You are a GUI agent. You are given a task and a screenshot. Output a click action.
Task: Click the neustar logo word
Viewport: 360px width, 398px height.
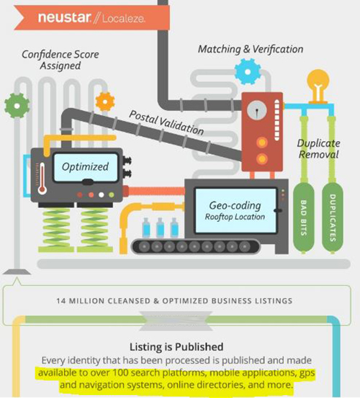pos(64,17)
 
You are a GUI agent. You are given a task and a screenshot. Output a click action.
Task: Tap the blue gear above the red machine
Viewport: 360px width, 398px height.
pos(248,71)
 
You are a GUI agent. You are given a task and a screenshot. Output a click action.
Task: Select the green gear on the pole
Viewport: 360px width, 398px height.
pos(17,106)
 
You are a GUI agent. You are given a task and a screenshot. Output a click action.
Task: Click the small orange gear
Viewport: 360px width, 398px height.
pos(105,101)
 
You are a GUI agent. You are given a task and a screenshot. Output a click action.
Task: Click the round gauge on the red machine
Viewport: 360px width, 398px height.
pos(257,110)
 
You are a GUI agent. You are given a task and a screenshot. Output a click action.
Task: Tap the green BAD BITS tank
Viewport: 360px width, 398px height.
pos(304,218)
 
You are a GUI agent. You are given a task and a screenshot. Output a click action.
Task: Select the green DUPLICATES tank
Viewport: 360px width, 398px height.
pos(333,218)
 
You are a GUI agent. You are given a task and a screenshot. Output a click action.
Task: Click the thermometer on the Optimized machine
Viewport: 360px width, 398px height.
pos(42,178)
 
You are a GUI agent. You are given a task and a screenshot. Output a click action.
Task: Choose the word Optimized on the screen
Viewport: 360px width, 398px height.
pos(85,167)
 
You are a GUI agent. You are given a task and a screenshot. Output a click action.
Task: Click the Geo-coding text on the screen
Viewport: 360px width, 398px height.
pos(235,206)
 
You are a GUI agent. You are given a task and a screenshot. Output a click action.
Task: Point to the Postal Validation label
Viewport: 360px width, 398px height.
pos(166,122)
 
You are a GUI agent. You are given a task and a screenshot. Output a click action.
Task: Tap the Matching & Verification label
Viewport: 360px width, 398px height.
pos(251,49)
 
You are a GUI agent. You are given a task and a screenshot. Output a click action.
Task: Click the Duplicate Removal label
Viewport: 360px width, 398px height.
pos(319,149)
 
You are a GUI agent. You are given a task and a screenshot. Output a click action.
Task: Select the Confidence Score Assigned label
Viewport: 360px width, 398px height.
pos(60,60)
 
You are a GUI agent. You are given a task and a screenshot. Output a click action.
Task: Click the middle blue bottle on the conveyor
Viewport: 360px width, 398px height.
pos(160,227)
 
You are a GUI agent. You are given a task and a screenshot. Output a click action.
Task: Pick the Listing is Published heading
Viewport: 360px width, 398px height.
pos(176,347)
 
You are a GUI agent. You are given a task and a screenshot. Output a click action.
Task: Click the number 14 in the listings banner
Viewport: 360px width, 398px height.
pos(61,301)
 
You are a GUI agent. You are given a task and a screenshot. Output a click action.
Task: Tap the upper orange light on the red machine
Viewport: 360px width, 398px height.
pos(262,143)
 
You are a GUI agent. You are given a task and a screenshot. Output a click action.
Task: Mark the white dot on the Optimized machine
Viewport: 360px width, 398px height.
pos(102,195)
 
